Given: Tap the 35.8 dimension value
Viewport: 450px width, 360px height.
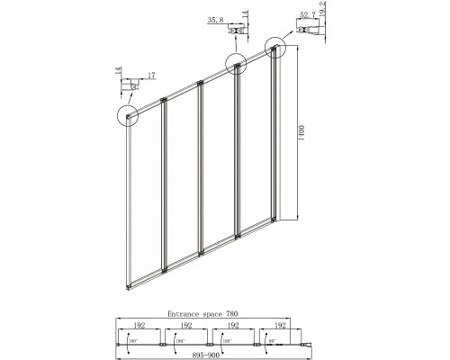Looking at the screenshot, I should (x=212, y=17).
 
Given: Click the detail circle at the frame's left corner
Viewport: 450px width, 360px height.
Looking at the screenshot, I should (x=130, y=115).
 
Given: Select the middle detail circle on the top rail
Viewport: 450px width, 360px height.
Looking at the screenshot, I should (x=237, y=65).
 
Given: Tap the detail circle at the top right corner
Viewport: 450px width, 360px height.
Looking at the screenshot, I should (x=274, y=48).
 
